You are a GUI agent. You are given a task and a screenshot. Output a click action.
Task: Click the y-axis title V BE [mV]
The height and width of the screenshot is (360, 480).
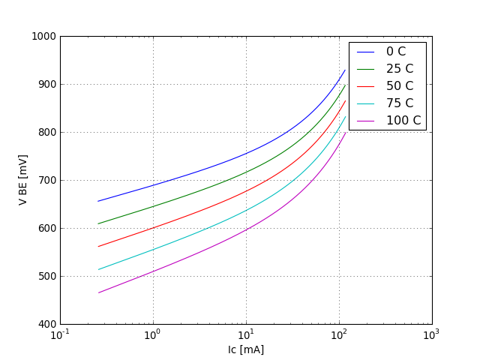(23, 180)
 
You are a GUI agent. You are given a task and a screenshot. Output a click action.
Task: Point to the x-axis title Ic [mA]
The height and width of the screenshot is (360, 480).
(246, 349)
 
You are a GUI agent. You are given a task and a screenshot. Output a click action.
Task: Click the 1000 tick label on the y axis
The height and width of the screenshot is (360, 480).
(43, 37)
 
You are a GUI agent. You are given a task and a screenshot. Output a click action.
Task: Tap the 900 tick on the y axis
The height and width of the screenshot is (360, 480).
(46, 85)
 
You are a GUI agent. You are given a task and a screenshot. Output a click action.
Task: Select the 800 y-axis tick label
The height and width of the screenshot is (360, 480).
(46, 133)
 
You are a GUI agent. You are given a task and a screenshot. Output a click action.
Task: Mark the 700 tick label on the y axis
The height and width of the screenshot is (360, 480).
(46, 181)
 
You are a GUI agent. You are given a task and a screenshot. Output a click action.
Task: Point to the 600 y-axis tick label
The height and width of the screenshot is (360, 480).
(46, 229)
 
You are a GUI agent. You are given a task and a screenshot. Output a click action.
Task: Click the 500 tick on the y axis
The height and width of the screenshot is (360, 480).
(46, 277)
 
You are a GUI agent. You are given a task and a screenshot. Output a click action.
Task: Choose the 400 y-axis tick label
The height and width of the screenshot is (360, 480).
(46, 325)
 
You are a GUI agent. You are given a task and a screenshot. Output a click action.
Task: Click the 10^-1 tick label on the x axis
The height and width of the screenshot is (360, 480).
(61, 335)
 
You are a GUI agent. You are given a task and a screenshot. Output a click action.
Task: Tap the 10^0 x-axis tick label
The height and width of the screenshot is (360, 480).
(153, 335)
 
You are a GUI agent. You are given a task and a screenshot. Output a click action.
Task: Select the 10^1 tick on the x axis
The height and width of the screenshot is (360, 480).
(246, 335)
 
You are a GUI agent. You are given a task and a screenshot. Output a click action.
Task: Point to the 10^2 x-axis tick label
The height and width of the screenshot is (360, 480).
(339, 335)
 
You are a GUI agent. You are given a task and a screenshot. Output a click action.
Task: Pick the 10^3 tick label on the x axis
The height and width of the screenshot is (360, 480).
(432, 335)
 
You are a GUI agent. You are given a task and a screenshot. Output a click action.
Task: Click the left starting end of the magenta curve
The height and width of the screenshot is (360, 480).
(98, 292)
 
